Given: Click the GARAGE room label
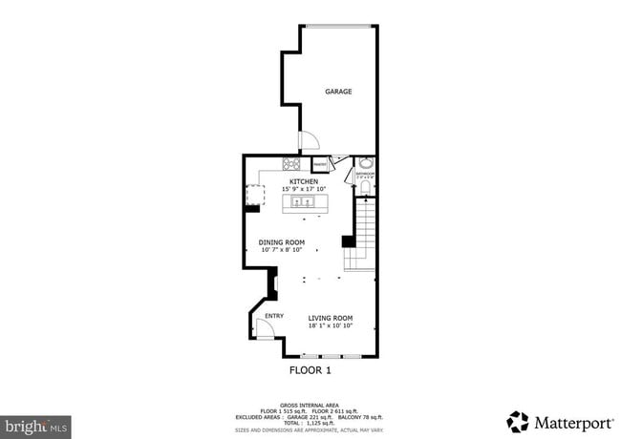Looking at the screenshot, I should point(338,92).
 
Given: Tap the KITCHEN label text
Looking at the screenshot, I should point(304,181).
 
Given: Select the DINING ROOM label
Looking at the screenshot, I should point(282,242).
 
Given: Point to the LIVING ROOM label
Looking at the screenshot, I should point(331,318).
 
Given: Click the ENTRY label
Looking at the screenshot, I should point(274,316).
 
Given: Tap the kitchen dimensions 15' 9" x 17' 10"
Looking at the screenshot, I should point(304,189).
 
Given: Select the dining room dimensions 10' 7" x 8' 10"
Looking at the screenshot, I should point(282,250).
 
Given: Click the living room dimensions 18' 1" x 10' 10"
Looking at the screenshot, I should point(331,325).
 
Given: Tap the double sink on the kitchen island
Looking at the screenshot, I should point(304,202).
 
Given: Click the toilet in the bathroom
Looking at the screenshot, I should point(364,187).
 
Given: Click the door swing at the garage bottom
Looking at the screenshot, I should point(310,141).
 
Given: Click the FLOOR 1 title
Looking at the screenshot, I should point(310,369).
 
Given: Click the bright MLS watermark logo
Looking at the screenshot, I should point(36,424).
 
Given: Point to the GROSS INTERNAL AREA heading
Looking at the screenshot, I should point(310,405).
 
